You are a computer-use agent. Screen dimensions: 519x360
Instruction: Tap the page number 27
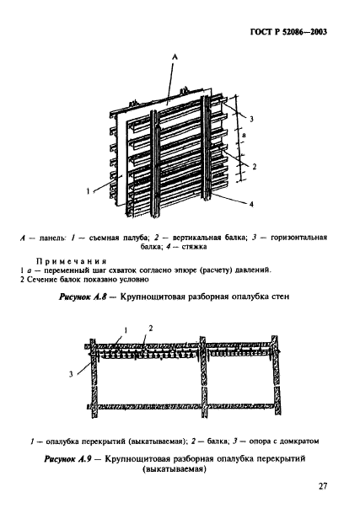click(323, 485)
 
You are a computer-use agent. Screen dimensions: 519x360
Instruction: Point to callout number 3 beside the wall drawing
click(251, 120)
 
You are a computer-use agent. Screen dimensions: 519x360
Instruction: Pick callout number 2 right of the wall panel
click(253, 168)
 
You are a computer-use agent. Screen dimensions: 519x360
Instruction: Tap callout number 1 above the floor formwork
click(125, 327)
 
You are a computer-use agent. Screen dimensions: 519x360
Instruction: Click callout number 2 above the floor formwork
click(150, 327)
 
